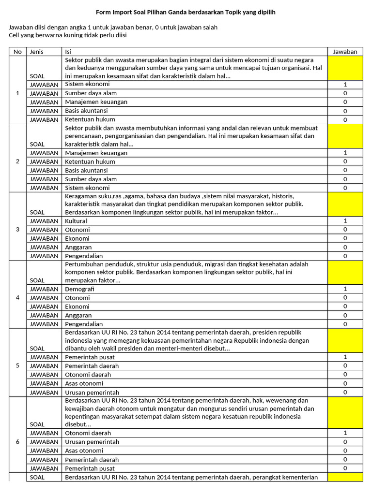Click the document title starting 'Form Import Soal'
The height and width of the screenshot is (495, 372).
coord(186,12)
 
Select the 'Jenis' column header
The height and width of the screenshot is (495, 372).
coord(36,52)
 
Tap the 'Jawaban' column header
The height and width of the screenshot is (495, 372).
coord(345,52)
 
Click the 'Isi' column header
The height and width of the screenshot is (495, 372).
coord(68,52)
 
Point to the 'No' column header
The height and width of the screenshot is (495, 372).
coord(18,52)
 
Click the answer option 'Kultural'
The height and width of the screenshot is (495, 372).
coord(76,221)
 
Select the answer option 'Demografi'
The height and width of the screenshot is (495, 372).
coord(79,289)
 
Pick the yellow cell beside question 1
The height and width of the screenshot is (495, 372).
coord(345,68)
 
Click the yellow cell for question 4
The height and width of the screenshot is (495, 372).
coord(345,272)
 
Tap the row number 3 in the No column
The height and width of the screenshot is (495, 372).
coord(18,229)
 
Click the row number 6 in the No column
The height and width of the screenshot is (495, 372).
coord(18,442)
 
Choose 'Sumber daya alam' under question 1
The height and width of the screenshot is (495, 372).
coord(91,93)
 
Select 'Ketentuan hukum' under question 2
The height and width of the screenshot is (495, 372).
coord(90,161)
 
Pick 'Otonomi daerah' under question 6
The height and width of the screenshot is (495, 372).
coord(88,433)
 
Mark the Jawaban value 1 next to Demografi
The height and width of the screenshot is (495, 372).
coord(345,289)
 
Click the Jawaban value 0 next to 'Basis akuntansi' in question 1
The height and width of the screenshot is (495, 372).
coord(345,111)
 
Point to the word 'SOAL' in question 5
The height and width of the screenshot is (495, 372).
coord(37,349)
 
